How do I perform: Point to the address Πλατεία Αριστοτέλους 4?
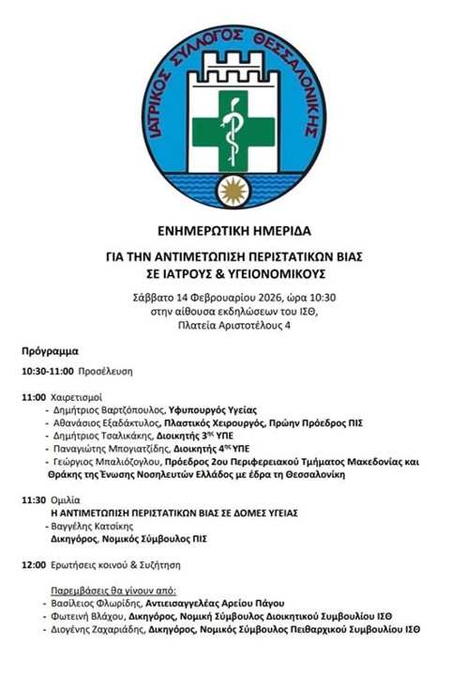[x=234, y=326]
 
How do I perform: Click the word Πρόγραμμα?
[x=50, y=352]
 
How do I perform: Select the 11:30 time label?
[x=34, y=501]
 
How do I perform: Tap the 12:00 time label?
[x=34, y=565]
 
